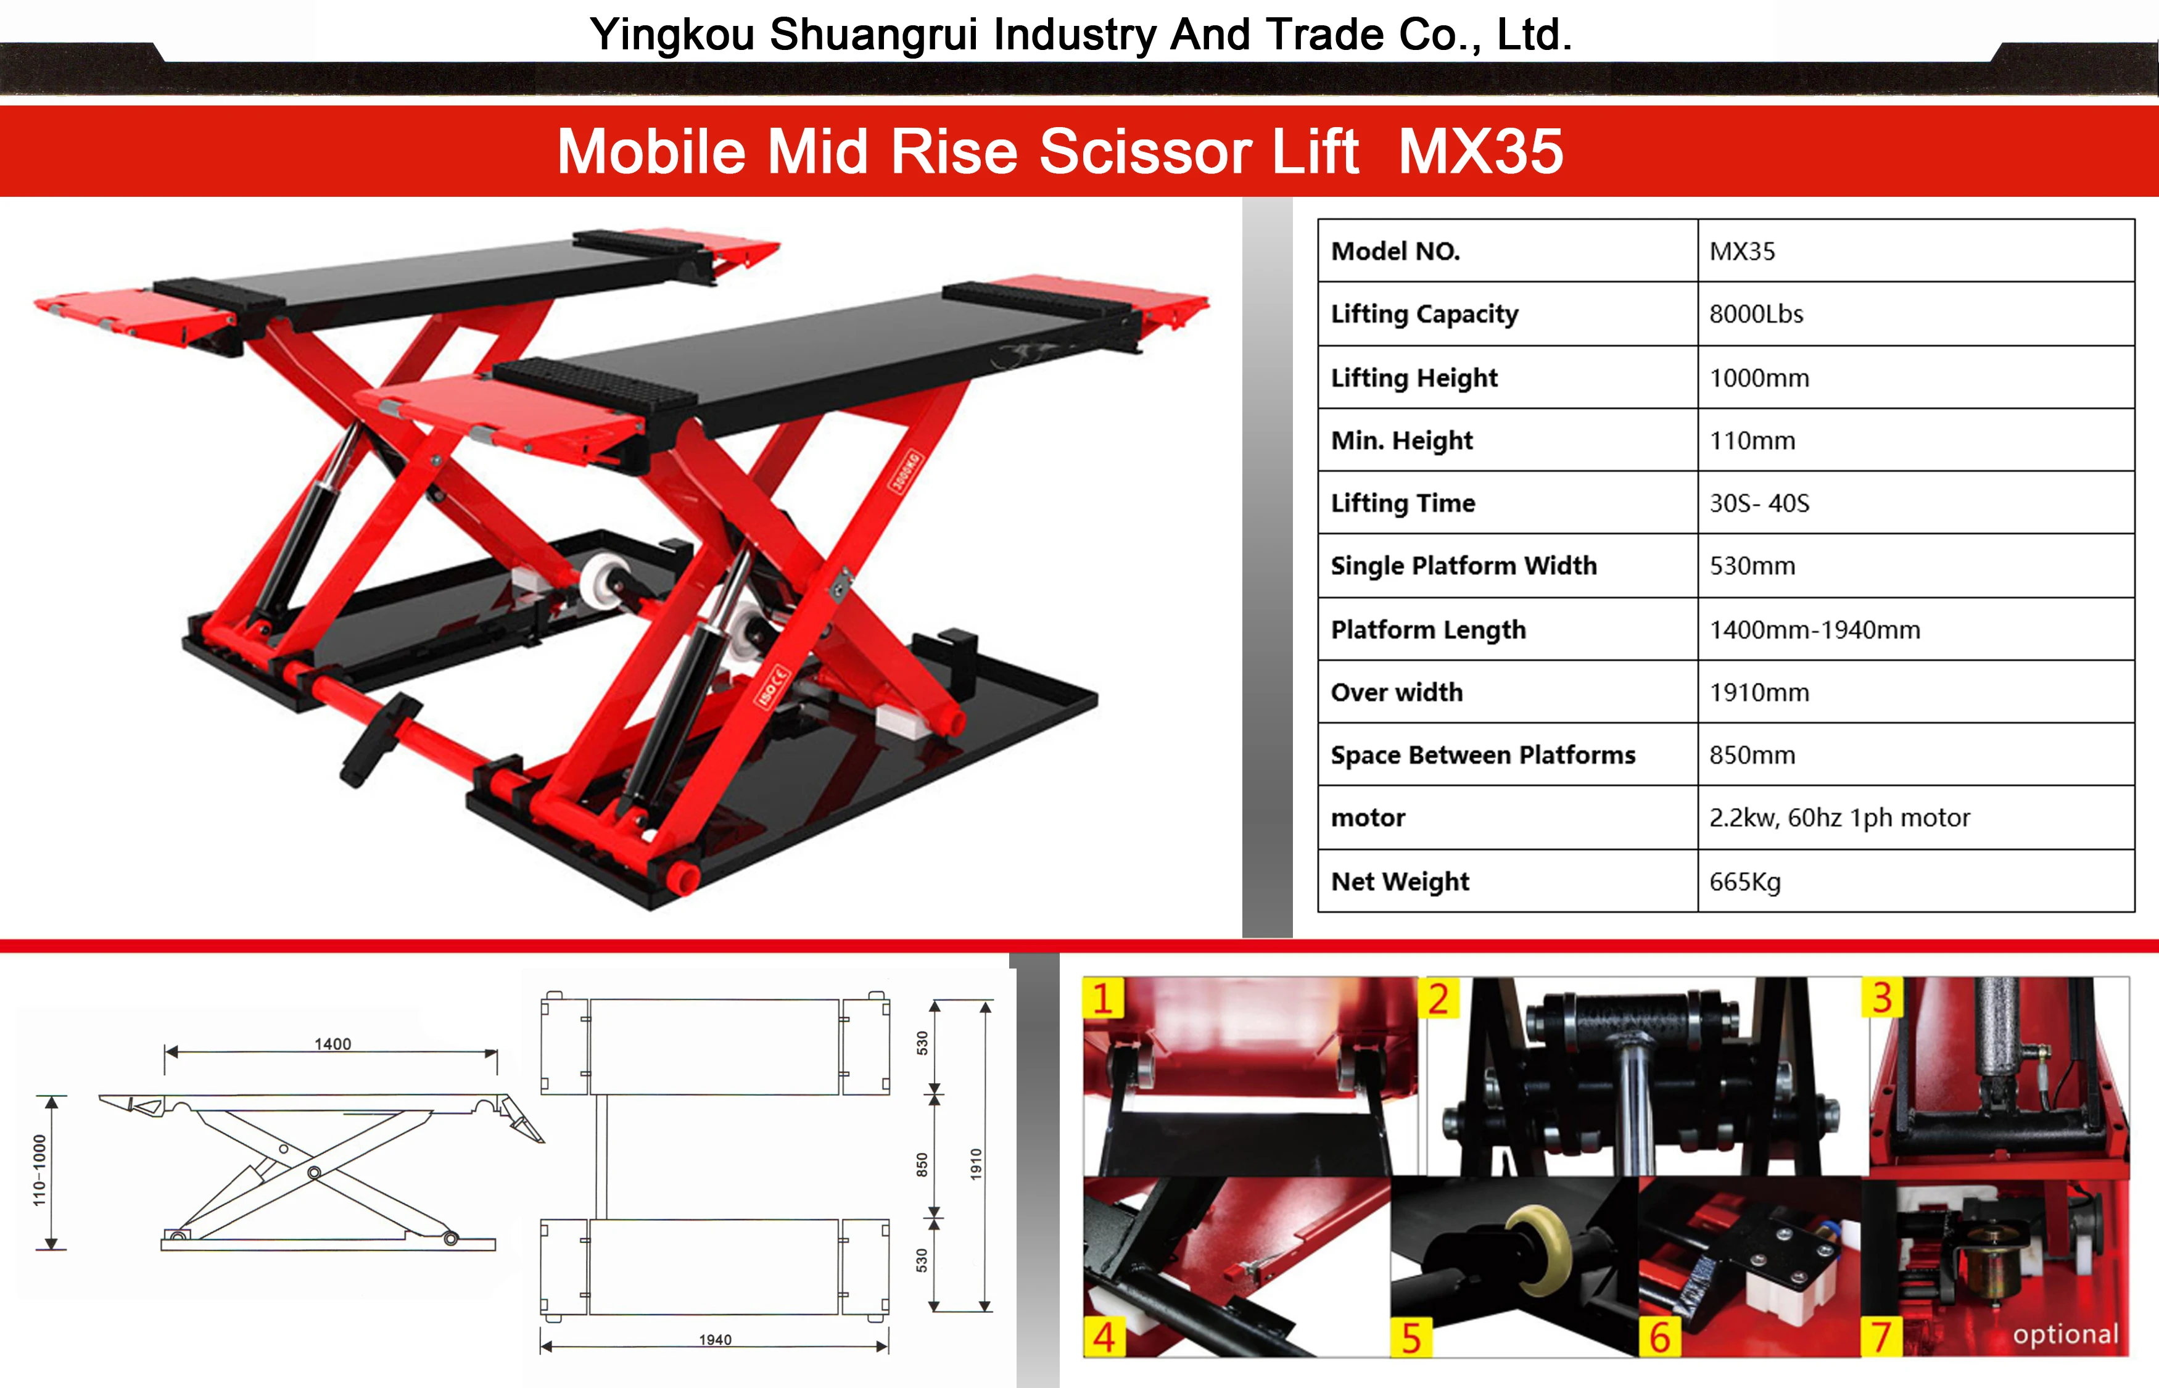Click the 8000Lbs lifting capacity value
pyautogui.click(x=1756, y=315)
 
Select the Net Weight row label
pyautogui.click(x=1400, y=882)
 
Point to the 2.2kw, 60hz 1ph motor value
pyautogui.click(x=1839, y=817)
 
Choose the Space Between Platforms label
pyautogui.click(x=1482, y=755)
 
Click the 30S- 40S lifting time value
pyautogui.click(x=1759, y=503)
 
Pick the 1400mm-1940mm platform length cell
pyautogui.click(x=1814, y=629)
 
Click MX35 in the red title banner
pyautogui.click(x=1480, y=151)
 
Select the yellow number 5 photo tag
pyautogui.click(x=1411, y=1337)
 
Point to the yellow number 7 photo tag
pyautogui.click(x=1881, y=1337)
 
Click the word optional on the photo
pyautogui.click(x=2065, y=1334)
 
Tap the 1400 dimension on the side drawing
pyautogui.click(x=332, y=1044)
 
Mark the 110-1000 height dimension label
pyautogui.click(x=39, y=1170)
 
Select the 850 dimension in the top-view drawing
pyautogui.click(x=922, y=1165)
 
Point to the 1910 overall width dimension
pyautogui.click(x=976, y=1165)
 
